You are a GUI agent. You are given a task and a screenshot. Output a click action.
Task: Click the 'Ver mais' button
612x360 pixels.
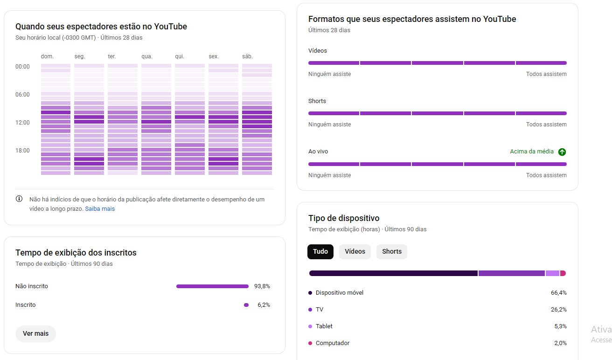pos(35,333)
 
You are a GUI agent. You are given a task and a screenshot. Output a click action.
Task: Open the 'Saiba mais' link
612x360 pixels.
pos(100,209)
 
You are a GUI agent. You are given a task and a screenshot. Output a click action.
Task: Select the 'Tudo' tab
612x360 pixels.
pos(320,251)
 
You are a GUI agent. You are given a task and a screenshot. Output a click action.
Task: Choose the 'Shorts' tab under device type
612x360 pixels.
pos(392,251)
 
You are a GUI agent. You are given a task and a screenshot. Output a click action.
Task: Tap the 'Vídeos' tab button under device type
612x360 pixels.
pos(355,251)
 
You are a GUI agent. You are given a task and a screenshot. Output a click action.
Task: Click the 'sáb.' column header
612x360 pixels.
pos(247,56)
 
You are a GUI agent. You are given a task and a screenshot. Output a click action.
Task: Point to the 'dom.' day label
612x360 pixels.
pos(47,56)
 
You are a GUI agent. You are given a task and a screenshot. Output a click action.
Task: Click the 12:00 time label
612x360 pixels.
pos(22,123)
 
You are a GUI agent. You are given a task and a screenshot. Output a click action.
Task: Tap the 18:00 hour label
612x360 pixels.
pos(22,151)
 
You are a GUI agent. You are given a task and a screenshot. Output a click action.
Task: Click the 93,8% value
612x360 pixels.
pos(262,286)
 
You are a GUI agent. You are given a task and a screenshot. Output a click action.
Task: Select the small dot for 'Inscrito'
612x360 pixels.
pos(246,305)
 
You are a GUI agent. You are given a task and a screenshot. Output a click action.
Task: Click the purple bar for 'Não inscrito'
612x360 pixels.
pos(212,286)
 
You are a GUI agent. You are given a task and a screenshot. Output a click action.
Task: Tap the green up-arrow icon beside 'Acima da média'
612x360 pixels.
pos(562,152)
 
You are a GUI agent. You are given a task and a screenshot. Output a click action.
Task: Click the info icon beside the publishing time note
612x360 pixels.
pos(19,199)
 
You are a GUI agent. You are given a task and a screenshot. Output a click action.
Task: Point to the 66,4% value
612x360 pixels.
pos(559,293)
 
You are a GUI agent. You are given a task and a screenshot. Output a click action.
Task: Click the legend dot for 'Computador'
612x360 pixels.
pos(310,343)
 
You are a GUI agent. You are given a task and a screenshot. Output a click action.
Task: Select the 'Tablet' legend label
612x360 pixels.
pos(324,326)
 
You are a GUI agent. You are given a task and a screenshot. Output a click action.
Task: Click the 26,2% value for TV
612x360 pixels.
pos(559,310)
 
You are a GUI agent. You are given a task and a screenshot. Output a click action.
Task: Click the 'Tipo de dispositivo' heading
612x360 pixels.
pos(344,218)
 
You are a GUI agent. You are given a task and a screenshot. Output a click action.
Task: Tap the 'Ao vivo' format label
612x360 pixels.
pos(318,152)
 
